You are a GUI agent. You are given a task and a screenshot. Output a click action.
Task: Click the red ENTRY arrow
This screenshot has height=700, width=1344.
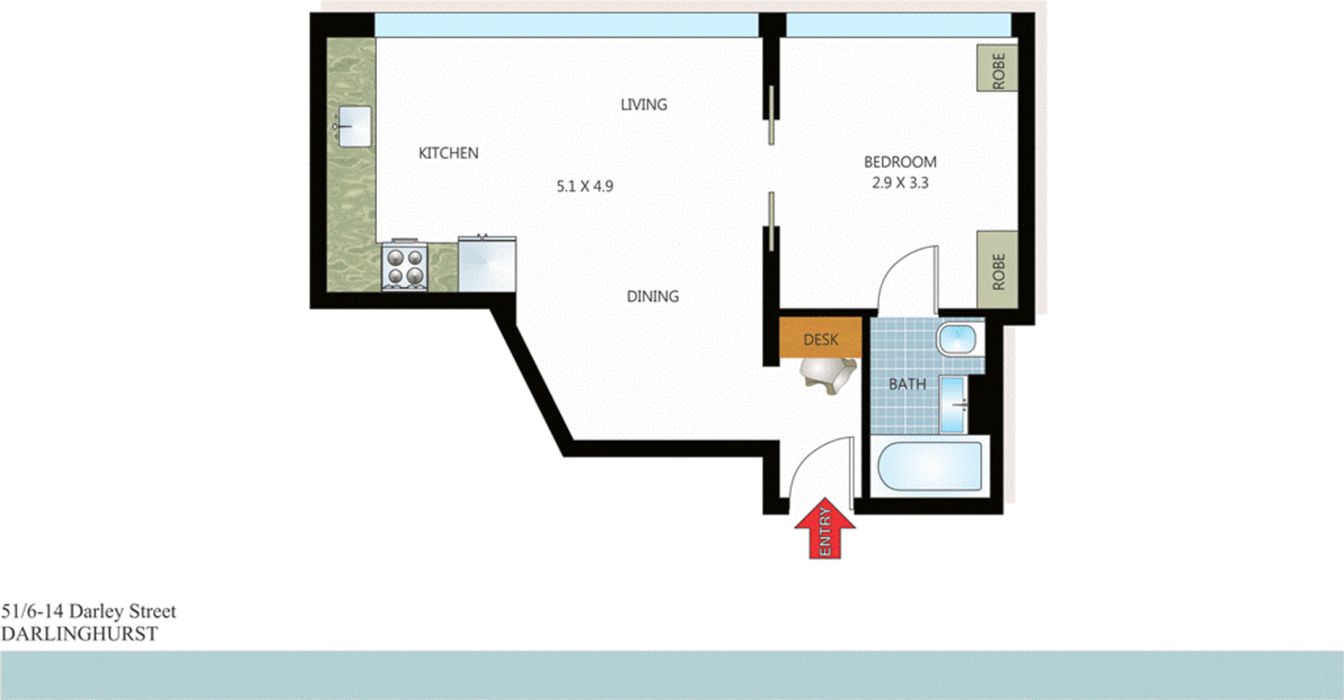pyautogui.click(x=825, y=529)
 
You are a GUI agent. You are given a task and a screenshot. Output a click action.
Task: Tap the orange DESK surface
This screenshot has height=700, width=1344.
pyautogui.click(x=821, y=338)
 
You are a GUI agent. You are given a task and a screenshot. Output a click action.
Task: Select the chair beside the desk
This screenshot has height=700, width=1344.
pyautogui.click(x=830, y=374)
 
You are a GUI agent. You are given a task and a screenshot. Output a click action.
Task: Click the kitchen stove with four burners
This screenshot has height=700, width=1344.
pyautogui.click(x=405, y=267)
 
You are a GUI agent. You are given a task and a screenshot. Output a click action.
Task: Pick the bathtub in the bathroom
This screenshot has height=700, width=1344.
pyautogui.click(x=929, y=467)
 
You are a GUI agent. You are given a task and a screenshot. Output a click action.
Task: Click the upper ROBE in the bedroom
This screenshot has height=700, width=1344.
pyautogui.click(x=997, y=69)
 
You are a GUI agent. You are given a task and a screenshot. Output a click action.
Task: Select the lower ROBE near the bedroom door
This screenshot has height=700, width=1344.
pyautogui.click(x=997, y=270)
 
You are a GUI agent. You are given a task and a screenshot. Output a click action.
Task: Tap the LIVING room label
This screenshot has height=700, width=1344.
pyautogui.click(x=643, y=105)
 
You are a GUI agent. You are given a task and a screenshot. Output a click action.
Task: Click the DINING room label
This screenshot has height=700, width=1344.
pyautogui.click(x=653, y=296)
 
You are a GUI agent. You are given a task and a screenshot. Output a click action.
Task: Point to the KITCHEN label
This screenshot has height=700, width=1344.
pyautogui.click(x=449, y=153)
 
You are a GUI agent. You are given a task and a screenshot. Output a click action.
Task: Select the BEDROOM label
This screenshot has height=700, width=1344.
pyautogui.click(x=900, y=162)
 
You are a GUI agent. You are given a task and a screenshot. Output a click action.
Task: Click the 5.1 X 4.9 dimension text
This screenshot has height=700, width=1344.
pyautogui.click(x=585, y=186)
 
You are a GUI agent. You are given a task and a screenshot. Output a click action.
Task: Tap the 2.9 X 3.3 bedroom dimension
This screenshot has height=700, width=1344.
pyautogui.click(x=900, y=183)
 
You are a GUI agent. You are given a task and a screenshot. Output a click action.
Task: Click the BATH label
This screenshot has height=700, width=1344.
pyautogui.click(x=907, y=384)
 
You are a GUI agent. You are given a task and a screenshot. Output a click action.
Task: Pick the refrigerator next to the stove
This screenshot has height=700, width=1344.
pyautogui.click(x=487, y=264)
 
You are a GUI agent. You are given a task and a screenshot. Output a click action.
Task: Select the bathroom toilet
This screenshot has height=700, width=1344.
pyautogui.click(x=958, y=339)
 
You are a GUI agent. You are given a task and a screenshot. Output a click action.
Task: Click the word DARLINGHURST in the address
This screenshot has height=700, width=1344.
pyautogui.click(x=79, y=635)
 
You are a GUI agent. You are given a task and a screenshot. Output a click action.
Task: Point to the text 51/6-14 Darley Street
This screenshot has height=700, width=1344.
pyautogui.click(x=88, y=611)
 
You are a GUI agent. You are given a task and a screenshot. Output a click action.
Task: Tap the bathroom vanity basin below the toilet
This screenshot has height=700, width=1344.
pyautogui.click(x=953, y=405)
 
